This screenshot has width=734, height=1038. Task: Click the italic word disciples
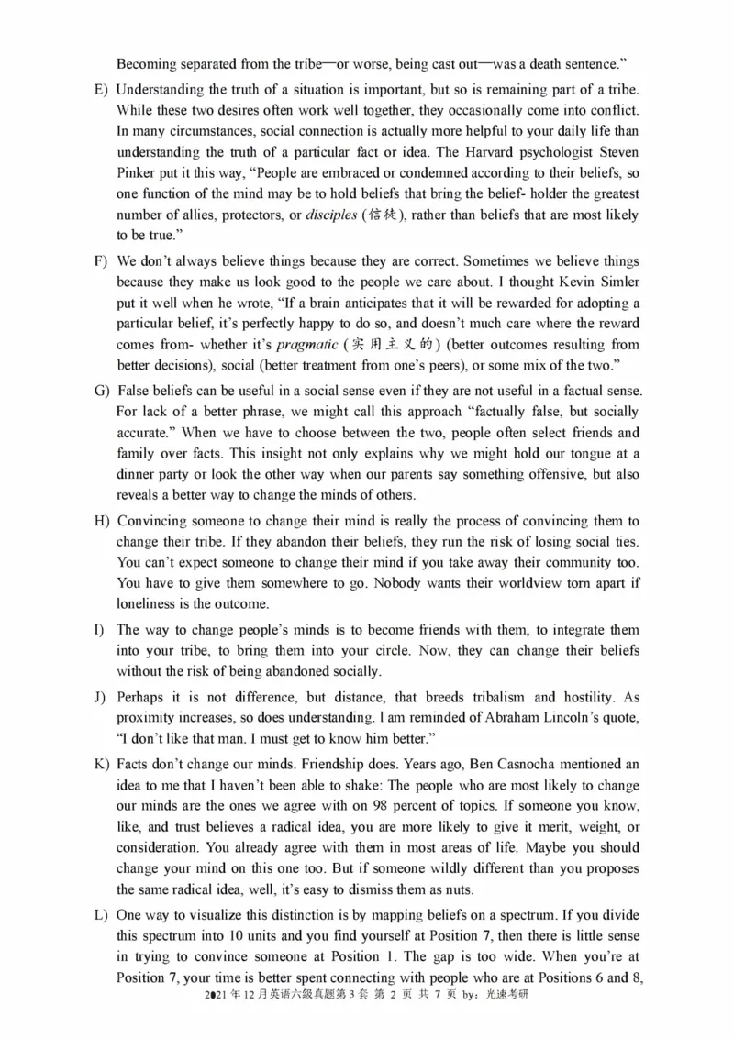click(331, 215)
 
